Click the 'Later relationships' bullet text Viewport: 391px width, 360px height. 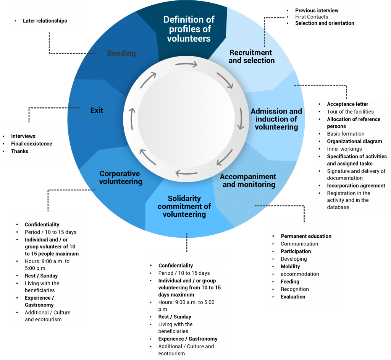click(x=45, y=21)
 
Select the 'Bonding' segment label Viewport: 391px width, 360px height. click(x=121, y=53)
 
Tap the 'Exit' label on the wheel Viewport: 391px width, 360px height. click(x=97, y=110)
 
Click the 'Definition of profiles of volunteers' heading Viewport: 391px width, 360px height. click(x=189, y=29)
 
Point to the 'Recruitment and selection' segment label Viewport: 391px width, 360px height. click(x=251, y=56)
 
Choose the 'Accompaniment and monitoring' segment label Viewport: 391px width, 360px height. click(x=248, y=180)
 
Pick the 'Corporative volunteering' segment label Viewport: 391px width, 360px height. click(x=121, y=177)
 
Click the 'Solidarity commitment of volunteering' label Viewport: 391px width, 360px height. click(x=184, y=206)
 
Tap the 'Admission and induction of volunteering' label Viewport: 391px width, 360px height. click(x=276, y=119)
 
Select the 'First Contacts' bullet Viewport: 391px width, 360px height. click(x=312, y=17)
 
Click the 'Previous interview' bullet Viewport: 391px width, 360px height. click(x=317, y=10)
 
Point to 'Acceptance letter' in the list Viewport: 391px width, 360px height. click(x=347, y=104)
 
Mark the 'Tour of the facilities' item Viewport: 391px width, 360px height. click(x=350, y=112)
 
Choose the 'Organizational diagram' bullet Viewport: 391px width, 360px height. click(x=354, y=141)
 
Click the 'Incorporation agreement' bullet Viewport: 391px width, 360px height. click(x=356, y=186)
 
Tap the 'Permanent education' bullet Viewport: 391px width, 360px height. click(x=306, y=236)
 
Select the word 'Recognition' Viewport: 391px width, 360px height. click(x=294, y=289)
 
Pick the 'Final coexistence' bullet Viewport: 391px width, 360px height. click(x=31, y=144)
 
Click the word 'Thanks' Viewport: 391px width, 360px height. click(x=19, y=151)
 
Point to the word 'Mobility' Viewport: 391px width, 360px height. click(x=290, y=266)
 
